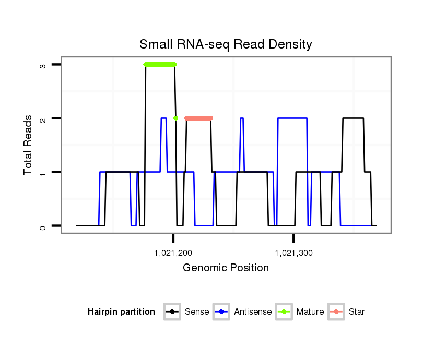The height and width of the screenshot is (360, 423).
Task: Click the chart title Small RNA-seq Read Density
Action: (x=226, y=44)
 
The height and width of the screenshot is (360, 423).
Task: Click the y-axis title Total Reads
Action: (x=28, y=145)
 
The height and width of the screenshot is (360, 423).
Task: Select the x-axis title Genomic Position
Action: (x=226, y=268)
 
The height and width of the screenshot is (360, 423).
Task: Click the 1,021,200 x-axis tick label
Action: (x=173, y=254)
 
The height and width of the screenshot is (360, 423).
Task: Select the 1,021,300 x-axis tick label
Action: (x=294, y=254)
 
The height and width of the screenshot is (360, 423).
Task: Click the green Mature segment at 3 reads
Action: (x=160, y=64)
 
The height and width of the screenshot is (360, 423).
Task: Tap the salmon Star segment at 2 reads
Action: (x=199, y=118)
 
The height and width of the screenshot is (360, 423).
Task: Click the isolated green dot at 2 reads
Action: (x=176, y=118)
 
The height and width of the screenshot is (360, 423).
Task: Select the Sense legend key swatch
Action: (x=172, y=312)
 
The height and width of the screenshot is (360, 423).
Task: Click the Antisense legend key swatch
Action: (x=221, y=312)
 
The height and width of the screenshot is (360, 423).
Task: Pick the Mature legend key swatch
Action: (x=284, y=312)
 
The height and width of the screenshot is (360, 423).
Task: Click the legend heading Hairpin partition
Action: (x=121, y=312)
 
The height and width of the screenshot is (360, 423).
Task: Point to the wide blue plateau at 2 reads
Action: (x=292, y=118)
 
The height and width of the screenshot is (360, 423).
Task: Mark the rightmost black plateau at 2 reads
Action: (x=353, y=118)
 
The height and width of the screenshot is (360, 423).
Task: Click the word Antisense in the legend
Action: (x=253, y=312)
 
